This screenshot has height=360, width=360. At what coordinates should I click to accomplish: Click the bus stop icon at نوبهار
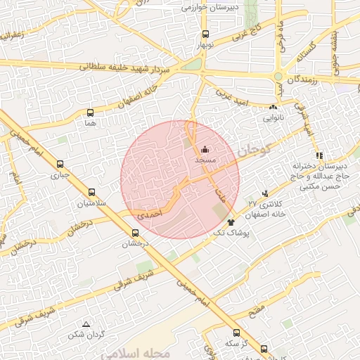coord(205,34)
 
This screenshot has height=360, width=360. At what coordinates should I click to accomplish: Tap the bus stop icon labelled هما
coord(90,112)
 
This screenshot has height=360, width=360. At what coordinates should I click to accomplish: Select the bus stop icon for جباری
coord(60,165)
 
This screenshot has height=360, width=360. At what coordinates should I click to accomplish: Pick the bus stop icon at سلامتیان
coord(91,192)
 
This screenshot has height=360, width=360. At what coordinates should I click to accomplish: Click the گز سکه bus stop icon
coord(236,333)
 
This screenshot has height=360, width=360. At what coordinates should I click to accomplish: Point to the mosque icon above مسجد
coord(205,149)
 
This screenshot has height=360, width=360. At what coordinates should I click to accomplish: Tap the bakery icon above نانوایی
coord(273,107)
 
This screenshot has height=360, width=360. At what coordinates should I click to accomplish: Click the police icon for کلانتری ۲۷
coord(264,192)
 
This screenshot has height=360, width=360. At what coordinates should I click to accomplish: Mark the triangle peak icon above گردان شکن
coord(86,324)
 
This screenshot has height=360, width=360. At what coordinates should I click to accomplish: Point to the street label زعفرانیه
coord(18,33)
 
